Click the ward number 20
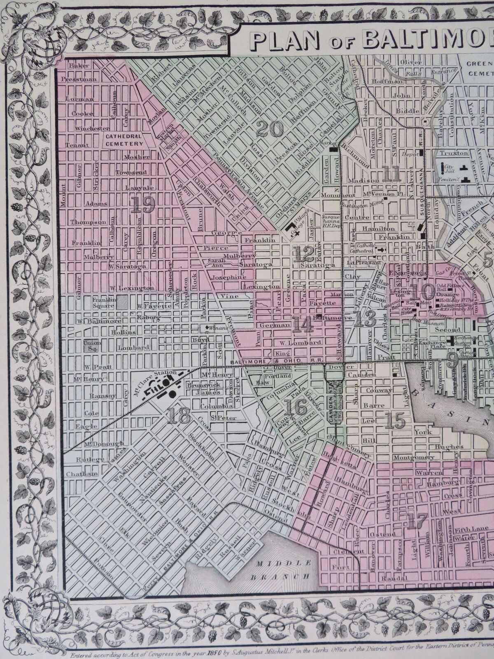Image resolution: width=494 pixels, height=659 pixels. [270, 130]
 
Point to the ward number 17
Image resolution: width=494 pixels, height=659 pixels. [416, 521]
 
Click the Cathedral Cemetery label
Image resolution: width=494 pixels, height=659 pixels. [123, 140]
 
